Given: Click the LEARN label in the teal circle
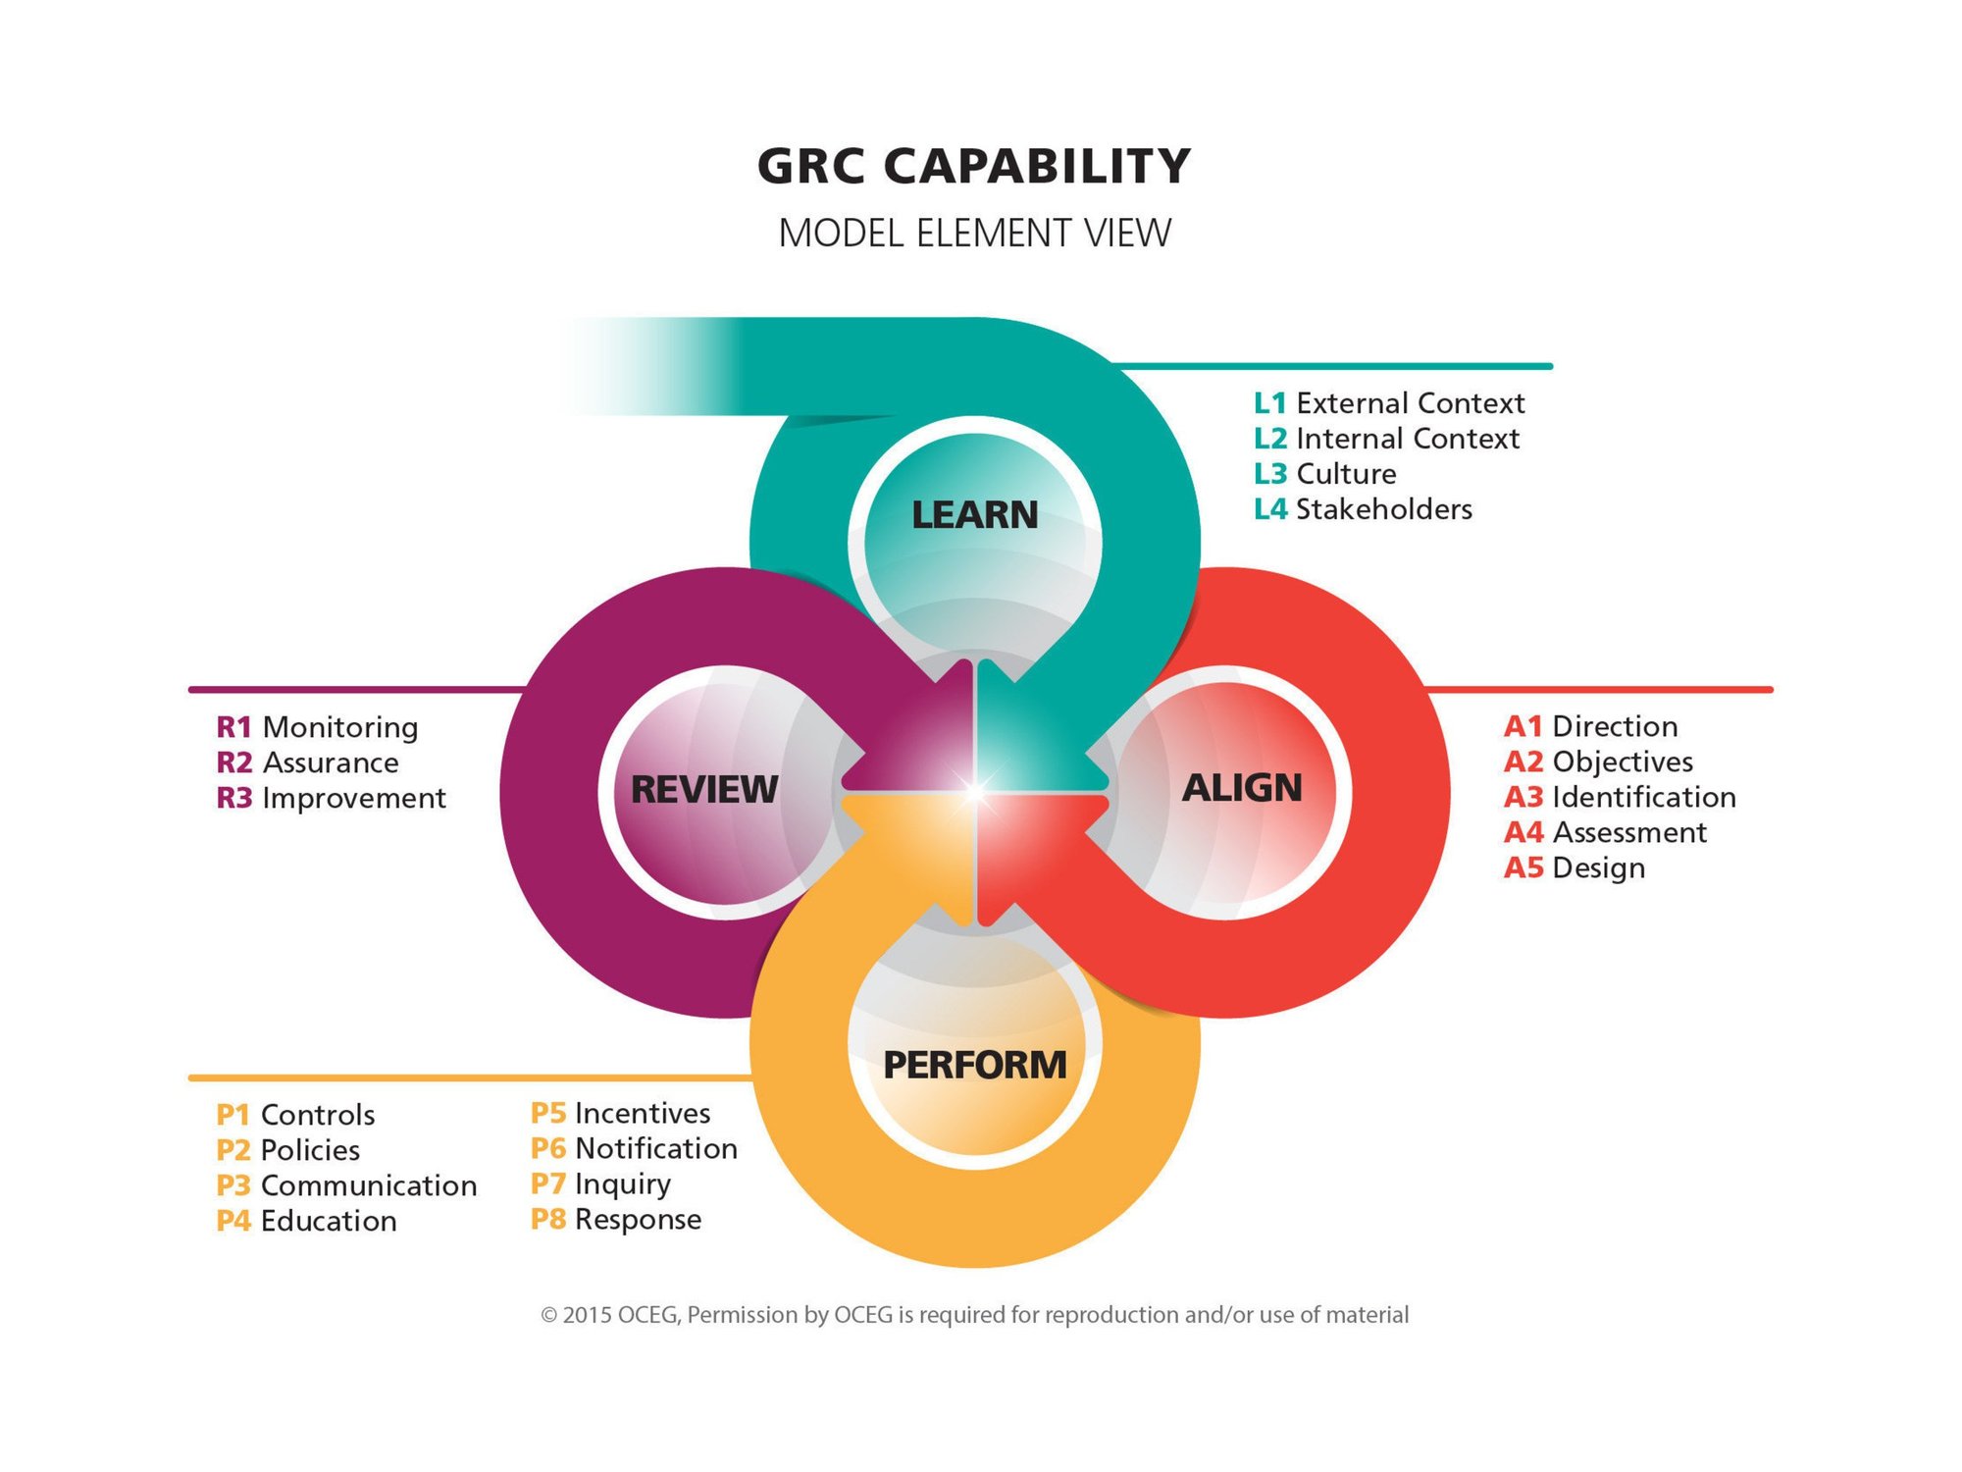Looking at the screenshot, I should pyautogui.click(x=974, y=515).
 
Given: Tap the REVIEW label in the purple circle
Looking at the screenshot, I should pyautogui.click(x=703, y=789).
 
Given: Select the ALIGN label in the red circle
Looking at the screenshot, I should pyautogui.click(x=1241, y=788).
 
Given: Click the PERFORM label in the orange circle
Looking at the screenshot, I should pyautogui.click(x=974, y=1065).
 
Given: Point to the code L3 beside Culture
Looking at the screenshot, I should pyautogui.click(x=1269, y=474).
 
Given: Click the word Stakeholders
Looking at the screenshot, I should pyautogui.click(x=1383, y=509).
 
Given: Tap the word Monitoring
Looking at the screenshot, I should pyautogui.click(x=340, y=727).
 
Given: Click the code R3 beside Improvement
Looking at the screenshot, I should pyautogui.click(x=234, y=798).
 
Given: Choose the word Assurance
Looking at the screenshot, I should pyautogui.click(x=331, y=762).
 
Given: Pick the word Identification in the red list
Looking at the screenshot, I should pyautogui.click(x=1643, y=797).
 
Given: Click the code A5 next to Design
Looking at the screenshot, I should pyautogui.click(x=1523, y=867).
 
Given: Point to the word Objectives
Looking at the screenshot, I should pyautogui.click(x=1623, y=762).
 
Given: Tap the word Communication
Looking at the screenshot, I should pyautogui.click(x=369, y=1185).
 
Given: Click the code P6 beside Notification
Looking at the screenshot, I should pyautogui.click(x=548, y=1148).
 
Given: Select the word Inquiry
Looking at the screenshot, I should pyautogui.click(x=623, y=1184).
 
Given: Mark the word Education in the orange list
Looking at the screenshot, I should pyautogui.click(x=329, y=1221).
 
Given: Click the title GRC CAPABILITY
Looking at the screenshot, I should pyautogui.click(x=974, y=166).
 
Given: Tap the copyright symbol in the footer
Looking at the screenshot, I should pyautogui.click(x=549, y=1315).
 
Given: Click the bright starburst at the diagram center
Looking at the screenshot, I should pyautogui.click(x=975, y=791).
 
